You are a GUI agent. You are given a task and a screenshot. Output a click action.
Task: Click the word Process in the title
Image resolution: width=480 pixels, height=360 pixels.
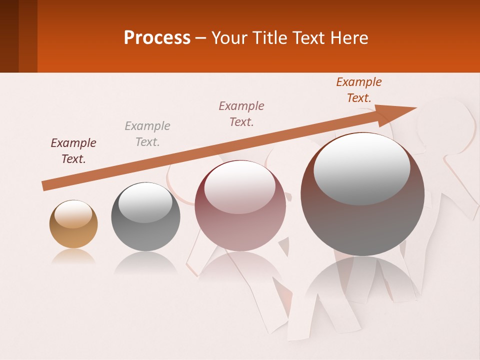coord(157,38)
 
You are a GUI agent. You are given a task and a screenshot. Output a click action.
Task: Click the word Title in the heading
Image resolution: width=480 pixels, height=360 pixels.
coord(270,38)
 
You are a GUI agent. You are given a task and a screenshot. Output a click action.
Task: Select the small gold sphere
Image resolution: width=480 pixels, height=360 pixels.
coord(73,224)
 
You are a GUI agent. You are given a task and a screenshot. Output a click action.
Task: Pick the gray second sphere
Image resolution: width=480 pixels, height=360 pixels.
coord(145,217)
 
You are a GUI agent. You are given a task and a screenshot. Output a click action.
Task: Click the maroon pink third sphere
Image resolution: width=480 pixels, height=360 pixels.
coord(240,205)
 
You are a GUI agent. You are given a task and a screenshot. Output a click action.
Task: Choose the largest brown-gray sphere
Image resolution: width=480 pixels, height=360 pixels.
coord(362,194)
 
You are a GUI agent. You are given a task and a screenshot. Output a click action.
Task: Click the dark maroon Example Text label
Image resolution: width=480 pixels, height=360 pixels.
coord(73,151)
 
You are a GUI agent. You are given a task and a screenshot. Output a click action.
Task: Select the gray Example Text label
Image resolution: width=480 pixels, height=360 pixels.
coord(147,134)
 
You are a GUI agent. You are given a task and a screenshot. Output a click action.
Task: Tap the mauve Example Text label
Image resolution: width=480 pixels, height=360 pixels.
coord(241,114)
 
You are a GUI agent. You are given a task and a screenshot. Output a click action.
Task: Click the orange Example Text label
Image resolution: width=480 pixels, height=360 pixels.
coord(359,90)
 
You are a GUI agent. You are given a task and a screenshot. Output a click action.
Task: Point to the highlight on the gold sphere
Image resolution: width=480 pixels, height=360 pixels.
coord(73,214)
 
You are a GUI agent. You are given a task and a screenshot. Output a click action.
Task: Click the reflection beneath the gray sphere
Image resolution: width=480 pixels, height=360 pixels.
coord(145,262)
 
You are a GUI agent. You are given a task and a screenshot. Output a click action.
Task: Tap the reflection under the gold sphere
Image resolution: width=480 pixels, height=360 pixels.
coord(73,256)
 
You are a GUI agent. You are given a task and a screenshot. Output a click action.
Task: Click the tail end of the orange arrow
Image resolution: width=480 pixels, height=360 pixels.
coord(46,185)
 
